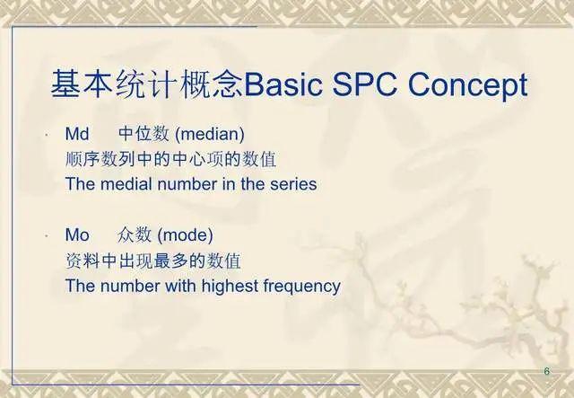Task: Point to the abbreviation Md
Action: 77,134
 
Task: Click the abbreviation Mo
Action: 77,235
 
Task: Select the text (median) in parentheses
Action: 211,134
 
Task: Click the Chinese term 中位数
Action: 143,134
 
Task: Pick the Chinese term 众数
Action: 135,235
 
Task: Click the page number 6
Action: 547,371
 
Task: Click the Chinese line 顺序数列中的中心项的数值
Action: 170,159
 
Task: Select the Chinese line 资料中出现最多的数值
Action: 153,261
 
